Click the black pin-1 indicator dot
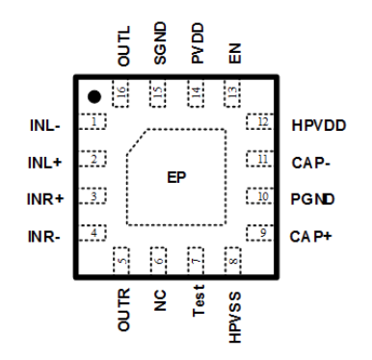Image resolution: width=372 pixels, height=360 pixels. click(x=93, y=96)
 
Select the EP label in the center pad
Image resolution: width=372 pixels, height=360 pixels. click(x=175, y=177)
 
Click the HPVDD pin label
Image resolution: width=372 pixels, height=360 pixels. click(x=315, y=125)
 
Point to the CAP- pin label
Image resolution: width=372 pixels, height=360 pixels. click(x=310, y=162)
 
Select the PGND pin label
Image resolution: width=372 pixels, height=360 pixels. click(x=310, y=198)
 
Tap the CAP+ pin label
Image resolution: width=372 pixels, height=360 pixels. click(x=310, y=235)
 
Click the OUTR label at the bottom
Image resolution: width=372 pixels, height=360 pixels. click(x=123, y=311)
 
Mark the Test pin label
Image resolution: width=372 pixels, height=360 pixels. click(x=197, y=305)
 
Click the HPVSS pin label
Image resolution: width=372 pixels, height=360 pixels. click(x=233, y=314)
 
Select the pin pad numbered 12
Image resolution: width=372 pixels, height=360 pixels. click(x=261, y=122)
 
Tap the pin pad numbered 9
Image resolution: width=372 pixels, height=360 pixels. click(x=261, y=232)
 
